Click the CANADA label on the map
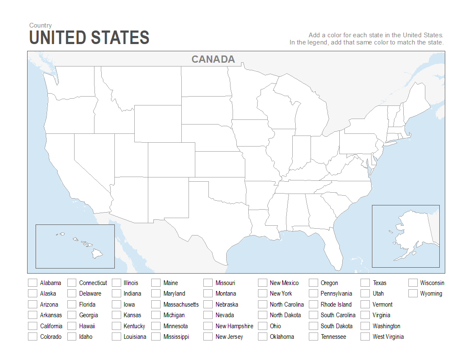point(213,59)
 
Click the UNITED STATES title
point(89,38)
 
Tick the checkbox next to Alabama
point(33,283)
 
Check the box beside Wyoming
point(413,294)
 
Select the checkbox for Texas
point(365,283)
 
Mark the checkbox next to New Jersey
point(208,337)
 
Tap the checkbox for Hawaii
point(72,326)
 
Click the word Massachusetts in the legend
point(181,305)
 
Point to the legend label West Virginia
point(388,337)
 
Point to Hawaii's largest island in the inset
point(97,254)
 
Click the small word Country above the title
point(41,25)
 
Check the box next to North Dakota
point(263,315)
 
